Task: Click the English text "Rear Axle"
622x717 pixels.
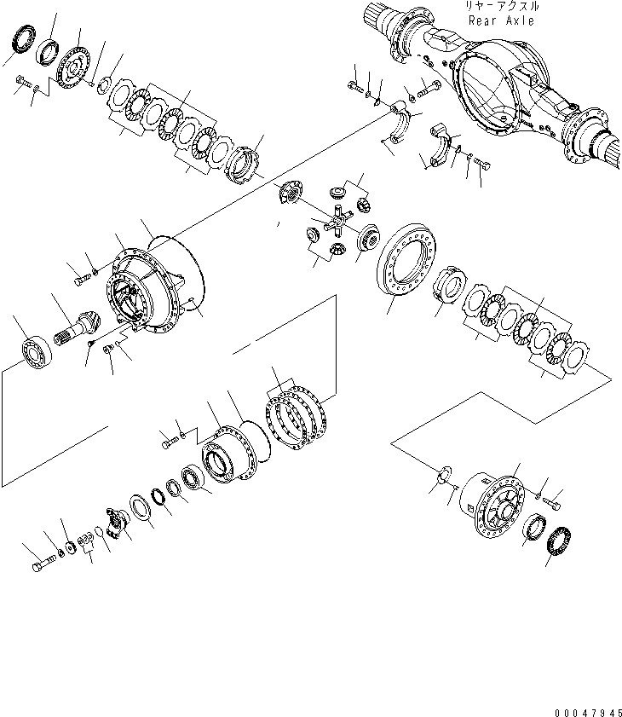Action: (x=501, y=21)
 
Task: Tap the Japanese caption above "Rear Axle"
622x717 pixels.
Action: (x=501, y=7)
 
